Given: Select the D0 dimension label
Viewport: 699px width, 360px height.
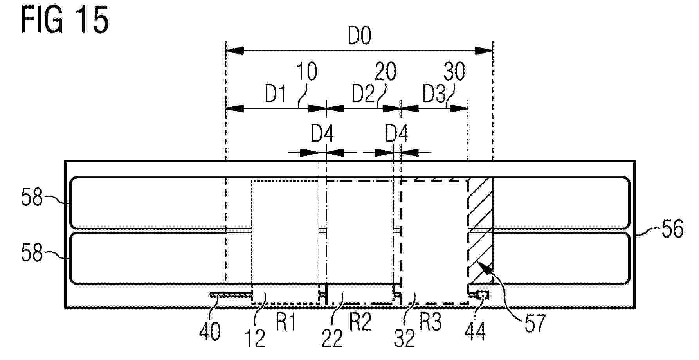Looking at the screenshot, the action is coord(359,36).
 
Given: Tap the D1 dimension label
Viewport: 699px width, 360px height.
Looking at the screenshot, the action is coord(276,94).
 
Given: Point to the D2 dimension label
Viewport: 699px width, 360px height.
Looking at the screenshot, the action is coord(363,94).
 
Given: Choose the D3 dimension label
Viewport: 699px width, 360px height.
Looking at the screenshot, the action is coord(434,94).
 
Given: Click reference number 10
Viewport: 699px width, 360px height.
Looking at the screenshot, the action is coord(306,72).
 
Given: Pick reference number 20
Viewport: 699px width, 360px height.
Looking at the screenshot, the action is coord(386,72).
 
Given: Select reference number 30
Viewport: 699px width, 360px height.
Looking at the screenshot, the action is coord(454,72).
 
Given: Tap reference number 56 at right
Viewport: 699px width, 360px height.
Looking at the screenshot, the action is coord(672,229).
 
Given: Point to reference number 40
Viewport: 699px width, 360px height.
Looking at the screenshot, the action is coord(210,332).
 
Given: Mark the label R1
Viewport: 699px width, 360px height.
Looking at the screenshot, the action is coord(286,323).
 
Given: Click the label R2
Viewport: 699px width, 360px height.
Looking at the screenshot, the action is coord(360,323).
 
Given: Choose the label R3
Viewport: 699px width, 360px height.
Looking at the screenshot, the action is coord(431,323).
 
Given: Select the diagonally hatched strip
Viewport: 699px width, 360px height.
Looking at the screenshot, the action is coord(480,231).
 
